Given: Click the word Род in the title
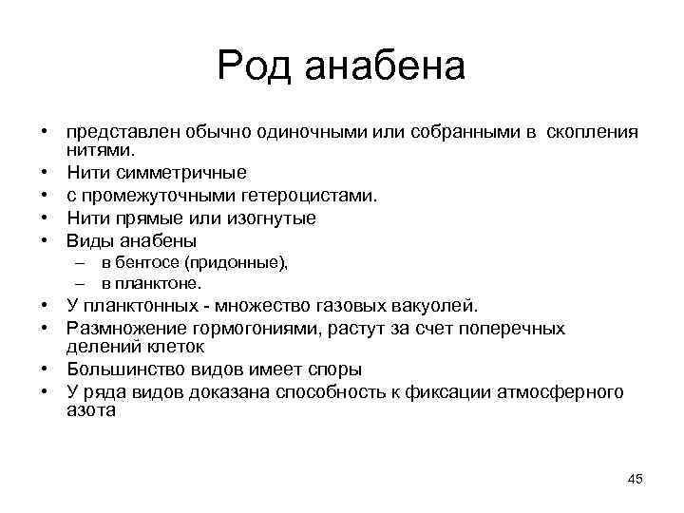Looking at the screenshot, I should coord(252,66).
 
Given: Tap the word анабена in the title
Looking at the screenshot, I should coord(385,66).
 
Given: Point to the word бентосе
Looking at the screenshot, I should coord(143,263).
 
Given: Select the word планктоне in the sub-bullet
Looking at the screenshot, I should coord(160,283).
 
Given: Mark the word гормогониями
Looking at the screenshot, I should coord(256,328).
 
